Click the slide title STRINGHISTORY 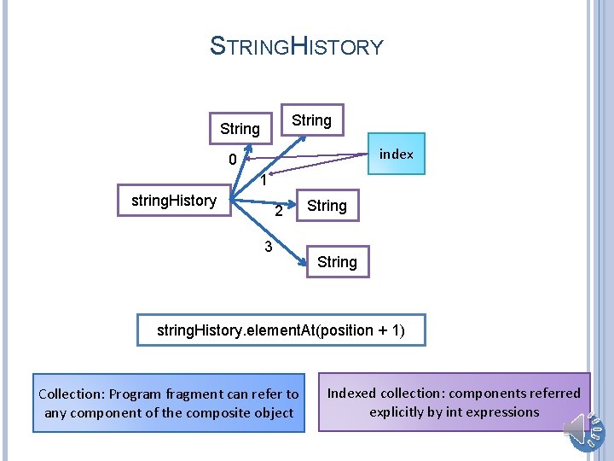click(x=297, y=46)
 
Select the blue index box click(x=396, y=155)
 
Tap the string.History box click(x=173, y=201)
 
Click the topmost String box click(x=311, y=120)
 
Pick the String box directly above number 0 click(x=240, y=129)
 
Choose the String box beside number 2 click(x=327, y=206)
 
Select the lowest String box click(x=337, y=262)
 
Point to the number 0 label click(x=232, y=160)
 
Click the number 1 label click(x=265, y=181)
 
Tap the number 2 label click(x=278, y=212)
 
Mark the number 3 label click(x=268, y=248)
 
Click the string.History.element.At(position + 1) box click(x=281, y=330)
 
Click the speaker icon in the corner click(x=585, y=429)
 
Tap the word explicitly click(x=401, y=412)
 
